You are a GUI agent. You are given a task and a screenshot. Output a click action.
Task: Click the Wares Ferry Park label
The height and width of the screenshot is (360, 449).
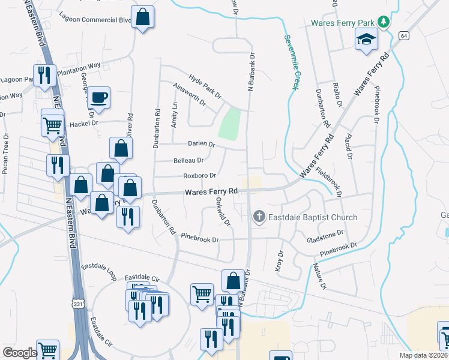coord(343,23)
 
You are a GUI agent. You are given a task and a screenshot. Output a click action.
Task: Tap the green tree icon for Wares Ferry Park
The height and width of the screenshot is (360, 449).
coord(384,23)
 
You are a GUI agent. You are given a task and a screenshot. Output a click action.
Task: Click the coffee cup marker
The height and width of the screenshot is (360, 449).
coord(100,97)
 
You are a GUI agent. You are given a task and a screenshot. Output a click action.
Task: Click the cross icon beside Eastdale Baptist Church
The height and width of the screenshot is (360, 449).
coord(259,217)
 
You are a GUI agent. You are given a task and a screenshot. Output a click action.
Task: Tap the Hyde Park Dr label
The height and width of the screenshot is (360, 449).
coord(205,87)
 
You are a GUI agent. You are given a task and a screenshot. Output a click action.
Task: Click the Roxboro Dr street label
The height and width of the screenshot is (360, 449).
coord(200,176)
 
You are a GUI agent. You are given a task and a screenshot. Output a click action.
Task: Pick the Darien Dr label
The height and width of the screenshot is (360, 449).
coord(201,144)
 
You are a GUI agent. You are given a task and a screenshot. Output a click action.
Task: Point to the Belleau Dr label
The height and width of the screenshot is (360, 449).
coord(188,161)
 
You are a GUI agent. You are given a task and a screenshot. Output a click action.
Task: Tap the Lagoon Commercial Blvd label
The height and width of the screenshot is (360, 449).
coord(95,19)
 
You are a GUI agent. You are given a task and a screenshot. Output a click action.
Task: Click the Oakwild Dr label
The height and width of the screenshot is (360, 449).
coord(223,213)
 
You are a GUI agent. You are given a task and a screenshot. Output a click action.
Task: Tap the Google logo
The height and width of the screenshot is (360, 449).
coord(20,353)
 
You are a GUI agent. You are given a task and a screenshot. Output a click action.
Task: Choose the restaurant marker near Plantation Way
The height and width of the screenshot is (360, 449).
coord(44,76)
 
